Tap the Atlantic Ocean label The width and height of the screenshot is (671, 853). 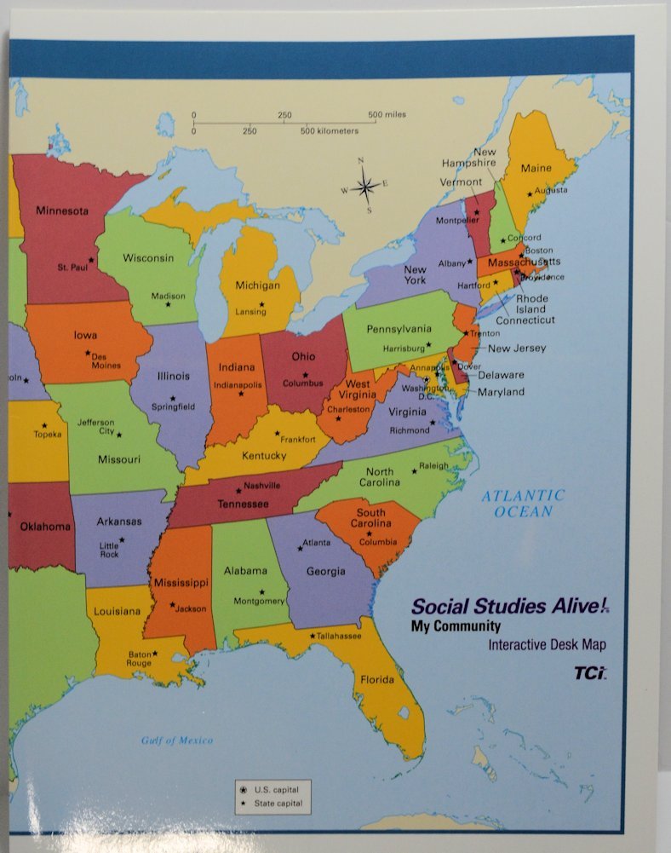coord(523,503)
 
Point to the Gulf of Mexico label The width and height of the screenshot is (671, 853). coord(177,741)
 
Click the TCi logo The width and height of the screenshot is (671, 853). coord(589,673)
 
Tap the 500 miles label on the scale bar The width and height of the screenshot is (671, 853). coord(387,114)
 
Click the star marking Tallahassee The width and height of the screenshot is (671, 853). coord(313,636)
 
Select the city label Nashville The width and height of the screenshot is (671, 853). coord(262,486)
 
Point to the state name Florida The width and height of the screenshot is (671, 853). coord(377,680)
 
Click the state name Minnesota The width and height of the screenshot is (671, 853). coord(61,210)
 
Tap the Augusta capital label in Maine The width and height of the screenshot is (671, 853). coord(550,190)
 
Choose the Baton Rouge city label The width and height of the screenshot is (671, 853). coord(140,659)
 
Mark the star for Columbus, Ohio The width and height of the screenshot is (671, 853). coord(305,375)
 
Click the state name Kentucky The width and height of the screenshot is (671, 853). coord(264,456)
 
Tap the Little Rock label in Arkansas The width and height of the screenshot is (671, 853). coord(109,550)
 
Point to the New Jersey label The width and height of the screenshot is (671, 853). coord(517,349)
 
